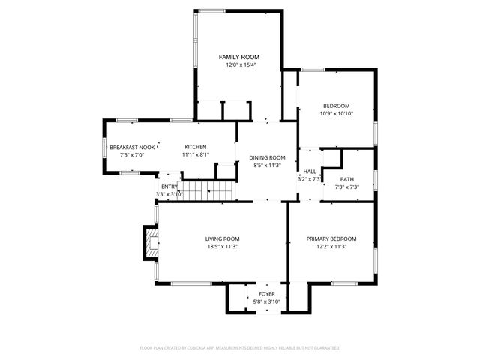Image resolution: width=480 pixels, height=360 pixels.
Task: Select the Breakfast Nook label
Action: point(132,147)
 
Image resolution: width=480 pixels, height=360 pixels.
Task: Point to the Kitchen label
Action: point(196,147)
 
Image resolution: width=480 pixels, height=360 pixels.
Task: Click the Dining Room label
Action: point(268,157)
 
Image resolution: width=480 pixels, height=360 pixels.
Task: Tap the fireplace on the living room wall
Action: point(152,243)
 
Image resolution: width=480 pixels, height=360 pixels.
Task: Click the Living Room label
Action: point(222,238)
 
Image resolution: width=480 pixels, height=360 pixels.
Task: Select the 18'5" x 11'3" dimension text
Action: point(222,247)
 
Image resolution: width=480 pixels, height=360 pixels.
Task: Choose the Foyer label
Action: point(266,294)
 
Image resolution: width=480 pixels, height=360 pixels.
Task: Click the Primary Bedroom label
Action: point(331,238)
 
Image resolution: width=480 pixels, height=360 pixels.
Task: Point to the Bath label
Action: point(346,179)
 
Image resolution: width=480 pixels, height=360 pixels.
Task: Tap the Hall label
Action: point(310,172)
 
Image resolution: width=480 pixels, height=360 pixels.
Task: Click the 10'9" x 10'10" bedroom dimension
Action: point(337,113)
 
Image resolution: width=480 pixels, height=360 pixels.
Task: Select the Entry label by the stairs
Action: point(169,187)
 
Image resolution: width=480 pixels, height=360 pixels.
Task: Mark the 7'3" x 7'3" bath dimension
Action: point(346,187)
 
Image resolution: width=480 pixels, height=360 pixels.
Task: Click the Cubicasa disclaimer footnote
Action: point(240,348)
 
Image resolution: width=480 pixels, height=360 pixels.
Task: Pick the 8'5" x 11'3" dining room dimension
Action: point(268,166)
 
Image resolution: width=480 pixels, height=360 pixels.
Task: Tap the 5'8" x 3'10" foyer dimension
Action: point(266,301)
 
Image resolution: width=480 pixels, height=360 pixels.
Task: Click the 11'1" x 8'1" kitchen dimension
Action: point(196,155)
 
